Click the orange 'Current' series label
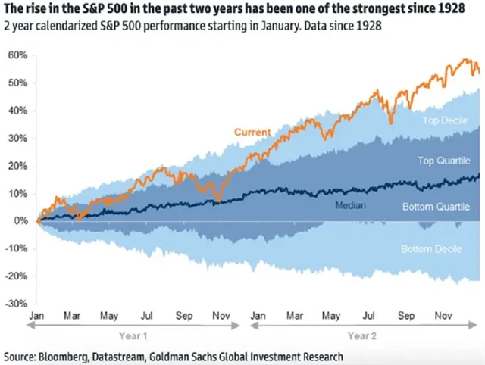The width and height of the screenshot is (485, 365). [252, 133]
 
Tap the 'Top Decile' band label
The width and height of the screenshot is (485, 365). [444, 120]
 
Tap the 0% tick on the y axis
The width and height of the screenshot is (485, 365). [20, 221]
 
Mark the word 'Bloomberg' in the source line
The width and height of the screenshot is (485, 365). [69, 356]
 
